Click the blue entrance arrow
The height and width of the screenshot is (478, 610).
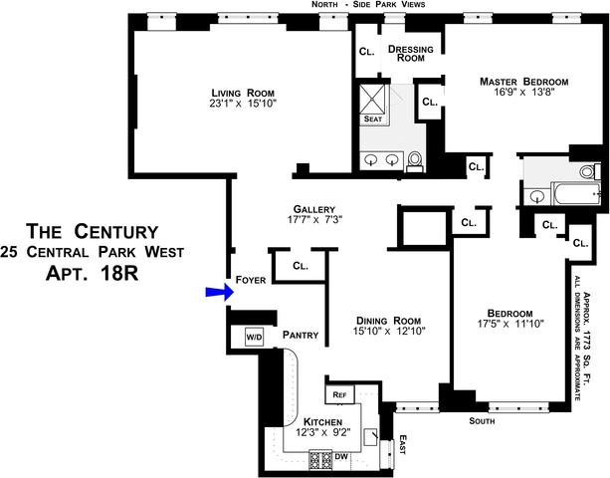(x=217, y=291)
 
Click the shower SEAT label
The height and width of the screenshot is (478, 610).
(x=373, y=119)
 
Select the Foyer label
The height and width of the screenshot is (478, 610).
(x=251, y=281)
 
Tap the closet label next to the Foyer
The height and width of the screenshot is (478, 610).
(x=301, y=267)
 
